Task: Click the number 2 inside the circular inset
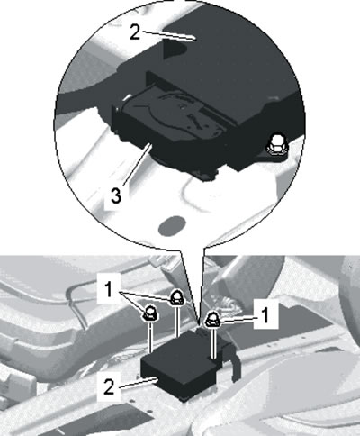(x=135, y=32)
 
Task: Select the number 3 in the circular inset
(x=116, y=195)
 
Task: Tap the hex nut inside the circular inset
(x=276, y=145)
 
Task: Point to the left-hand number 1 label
(x=108, y=290)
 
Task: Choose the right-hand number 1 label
(x=265, y=315)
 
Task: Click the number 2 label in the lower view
(x=109, y=386)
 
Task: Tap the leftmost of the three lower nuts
(x=150, y=313)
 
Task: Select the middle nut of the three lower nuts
(x=177, y=298)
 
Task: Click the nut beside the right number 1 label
(x=212, y=320)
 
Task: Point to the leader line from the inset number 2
(x=168, y=34)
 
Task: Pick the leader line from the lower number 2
(x=138, y=383)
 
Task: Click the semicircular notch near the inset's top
(x=174, y=50)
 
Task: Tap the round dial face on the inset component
(x=174, y=112)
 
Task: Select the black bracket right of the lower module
(x=232, y=359)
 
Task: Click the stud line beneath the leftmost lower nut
(x=150, y=337)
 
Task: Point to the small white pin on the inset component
(x=127, y=97)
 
